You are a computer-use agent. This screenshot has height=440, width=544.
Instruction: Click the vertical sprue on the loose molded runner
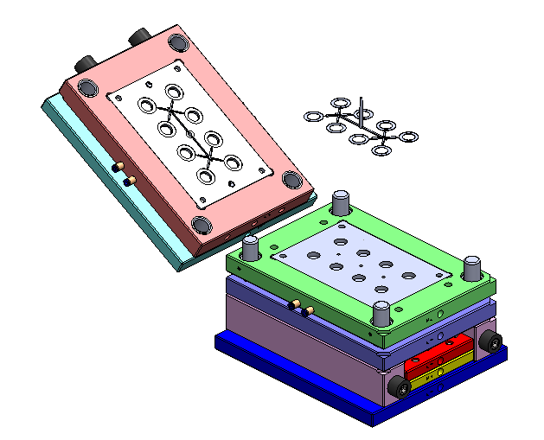(x=362, y=107)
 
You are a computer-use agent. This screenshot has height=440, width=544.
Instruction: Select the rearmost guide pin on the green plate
(x=341, y=202)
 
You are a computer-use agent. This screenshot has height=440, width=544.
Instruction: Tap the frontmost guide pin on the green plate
(x=381, y=314)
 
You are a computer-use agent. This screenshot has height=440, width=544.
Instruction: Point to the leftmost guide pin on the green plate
(x=251, y=248)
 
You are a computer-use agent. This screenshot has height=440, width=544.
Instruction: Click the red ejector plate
(x=439, y=354)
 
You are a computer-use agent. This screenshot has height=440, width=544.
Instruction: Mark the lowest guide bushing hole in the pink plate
(x=202, y=225)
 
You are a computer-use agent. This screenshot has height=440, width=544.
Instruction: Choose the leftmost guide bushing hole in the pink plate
(x=88, y=86)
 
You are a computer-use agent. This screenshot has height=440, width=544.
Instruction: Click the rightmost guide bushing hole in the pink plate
(x=293, y=180)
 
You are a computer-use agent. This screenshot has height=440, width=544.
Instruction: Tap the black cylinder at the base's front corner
(x=400, y=386)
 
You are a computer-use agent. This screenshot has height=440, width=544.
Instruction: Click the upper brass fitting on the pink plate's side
(x=122, y=166)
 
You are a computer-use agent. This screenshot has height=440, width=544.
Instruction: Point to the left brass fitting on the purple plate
(x=294, y=303)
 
